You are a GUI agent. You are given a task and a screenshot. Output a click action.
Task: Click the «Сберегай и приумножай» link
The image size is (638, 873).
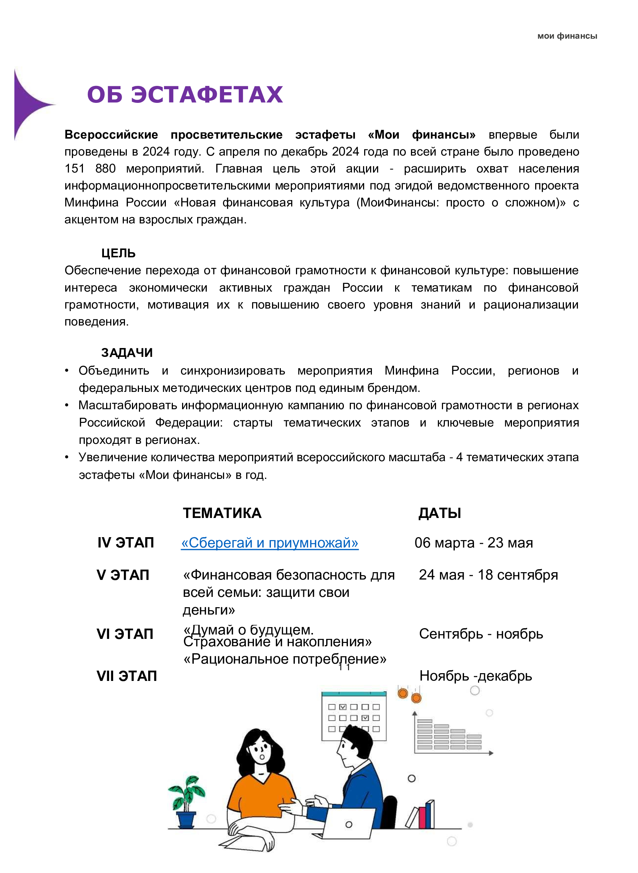(x=269, y=543)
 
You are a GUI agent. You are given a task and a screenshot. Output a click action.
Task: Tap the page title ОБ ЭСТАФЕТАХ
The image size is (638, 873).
(x=185, y=95)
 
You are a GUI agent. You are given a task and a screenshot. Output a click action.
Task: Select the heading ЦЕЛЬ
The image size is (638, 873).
(x=118, y=253)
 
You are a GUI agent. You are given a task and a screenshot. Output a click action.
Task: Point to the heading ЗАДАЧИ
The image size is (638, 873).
(x=127, y=352)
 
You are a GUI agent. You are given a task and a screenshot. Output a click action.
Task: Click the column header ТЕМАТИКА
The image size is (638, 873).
(x=222, y=513)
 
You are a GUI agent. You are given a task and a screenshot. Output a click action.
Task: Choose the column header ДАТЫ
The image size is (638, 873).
(x=439, y=513)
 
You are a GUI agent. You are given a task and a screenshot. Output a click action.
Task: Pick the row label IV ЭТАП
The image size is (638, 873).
(x=126, y=543)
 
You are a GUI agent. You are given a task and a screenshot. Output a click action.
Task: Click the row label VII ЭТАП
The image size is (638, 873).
(x=127, y=676)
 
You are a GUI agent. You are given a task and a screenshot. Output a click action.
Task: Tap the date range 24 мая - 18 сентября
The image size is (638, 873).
(x=488, y=575)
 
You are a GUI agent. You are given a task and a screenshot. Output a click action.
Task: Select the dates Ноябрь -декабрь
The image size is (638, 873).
(x=475, y=676)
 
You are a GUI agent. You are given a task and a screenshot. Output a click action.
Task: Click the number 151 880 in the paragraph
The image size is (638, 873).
(x=90, y=168)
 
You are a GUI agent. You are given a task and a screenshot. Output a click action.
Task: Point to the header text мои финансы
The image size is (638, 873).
(x=567, y=36)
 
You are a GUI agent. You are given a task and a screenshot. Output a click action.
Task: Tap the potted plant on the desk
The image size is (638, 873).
(x=186, y=800)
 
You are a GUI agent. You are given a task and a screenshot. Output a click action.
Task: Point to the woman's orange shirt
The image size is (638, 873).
(x=263, y=794)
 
